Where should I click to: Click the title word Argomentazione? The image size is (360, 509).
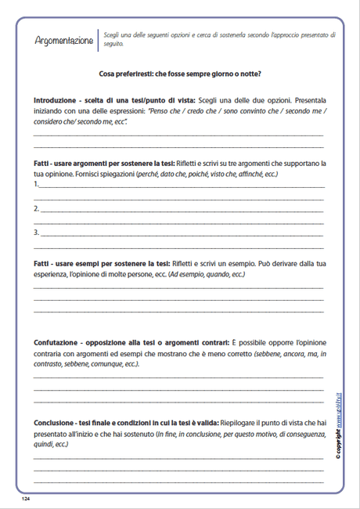point(63,40)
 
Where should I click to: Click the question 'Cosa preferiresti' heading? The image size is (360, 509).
point(180,74)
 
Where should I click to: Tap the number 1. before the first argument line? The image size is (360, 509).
point(36,184)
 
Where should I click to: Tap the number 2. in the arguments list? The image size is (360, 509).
point(36,209)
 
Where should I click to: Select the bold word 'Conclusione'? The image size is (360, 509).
point(56,424)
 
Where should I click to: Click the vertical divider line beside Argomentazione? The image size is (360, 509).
point(99,40)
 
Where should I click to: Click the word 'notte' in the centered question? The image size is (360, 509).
point(246,74)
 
